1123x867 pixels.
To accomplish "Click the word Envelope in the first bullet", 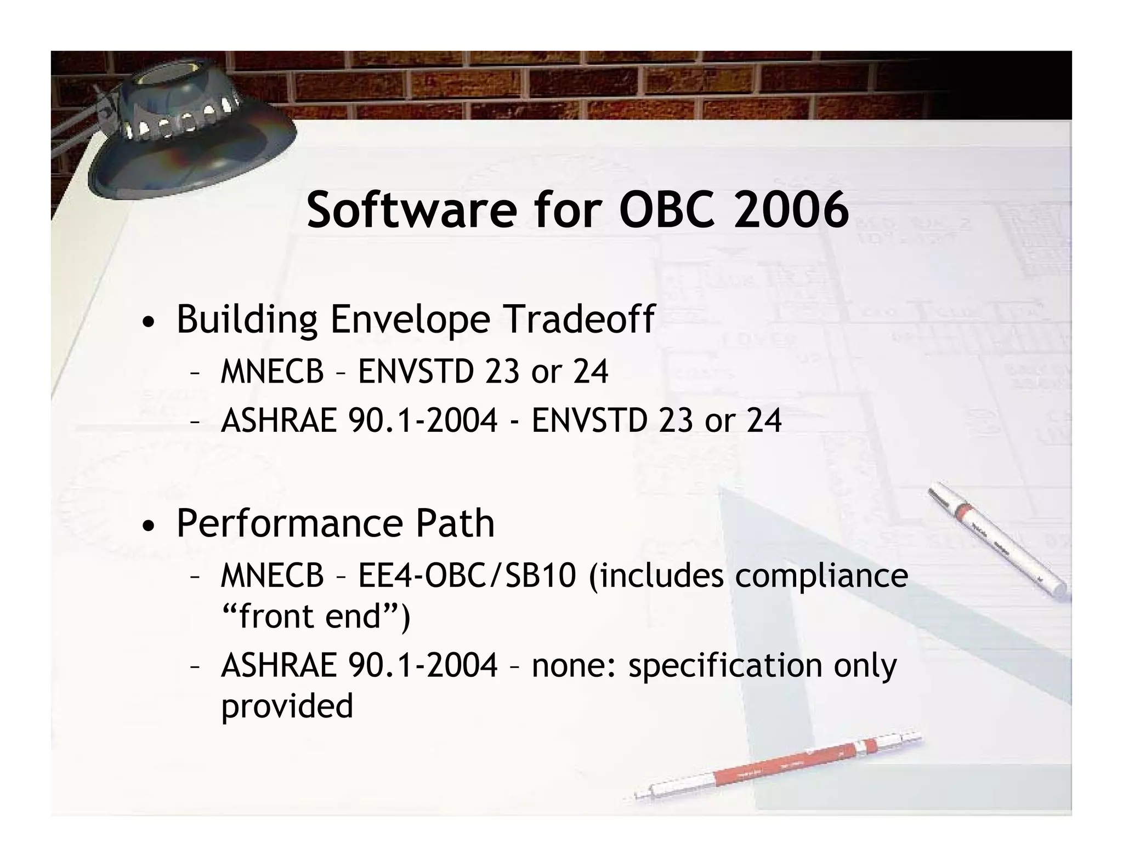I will (x=410, y=320).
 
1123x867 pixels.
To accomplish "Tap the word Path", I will (x=455, y=523).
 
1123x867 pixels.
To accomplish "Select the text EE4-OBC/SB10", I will (x=467, y=576).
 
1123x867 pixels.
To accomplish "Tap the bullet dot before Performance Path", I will (x=148, y=527).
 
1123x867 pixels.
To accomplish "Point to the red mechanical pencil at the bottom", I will (x=779, y=765).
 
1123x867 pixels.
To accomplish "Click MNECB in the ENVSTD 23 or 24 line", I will (x=272, y=372).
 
